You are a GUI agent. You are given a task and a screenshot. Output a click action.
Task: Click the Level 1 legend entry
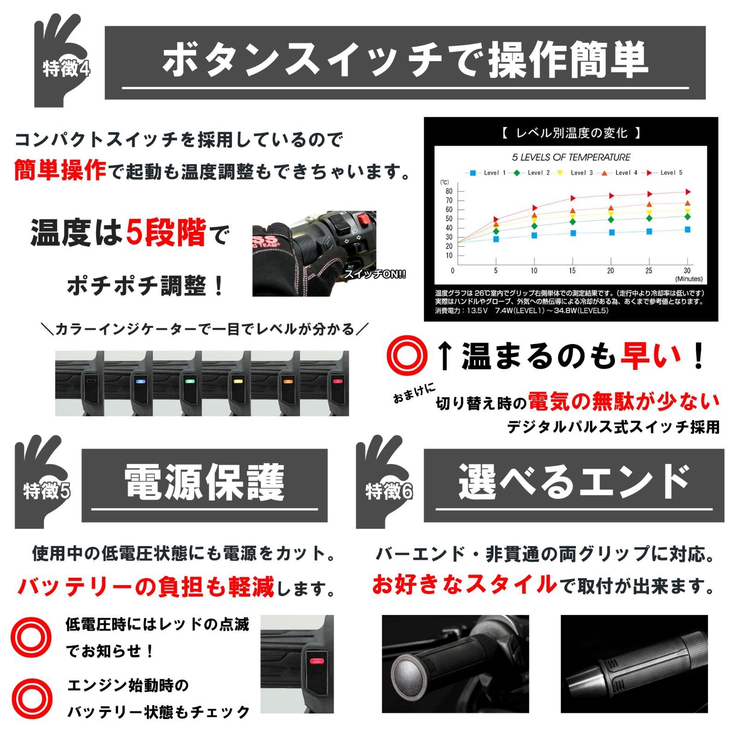(488, 172)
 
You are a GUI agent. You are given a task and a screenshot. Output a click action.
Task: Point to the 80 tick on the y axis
(449, 191)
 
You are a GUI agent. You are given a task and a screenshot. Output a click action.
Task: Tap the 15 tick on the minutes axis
(572, 270)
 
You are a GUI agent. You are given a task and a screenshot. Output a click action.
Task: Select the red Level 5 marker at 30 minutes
(688, 192)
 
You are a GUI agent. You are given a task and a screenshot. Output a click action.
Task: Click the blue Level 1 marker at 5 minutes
(496, 239)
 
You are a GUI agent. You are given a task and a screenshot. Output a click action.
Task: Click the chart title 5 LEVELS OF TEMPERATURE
(571, 157)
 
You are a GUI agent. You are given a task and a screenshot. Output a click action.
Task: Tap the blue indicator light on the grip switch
(140, 381)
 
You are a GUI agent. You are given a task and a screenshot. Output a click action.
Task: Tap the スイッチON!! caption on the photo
(375, 275)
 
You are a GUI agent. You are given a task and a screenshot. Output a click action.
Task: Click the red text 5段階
(166, 233)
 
